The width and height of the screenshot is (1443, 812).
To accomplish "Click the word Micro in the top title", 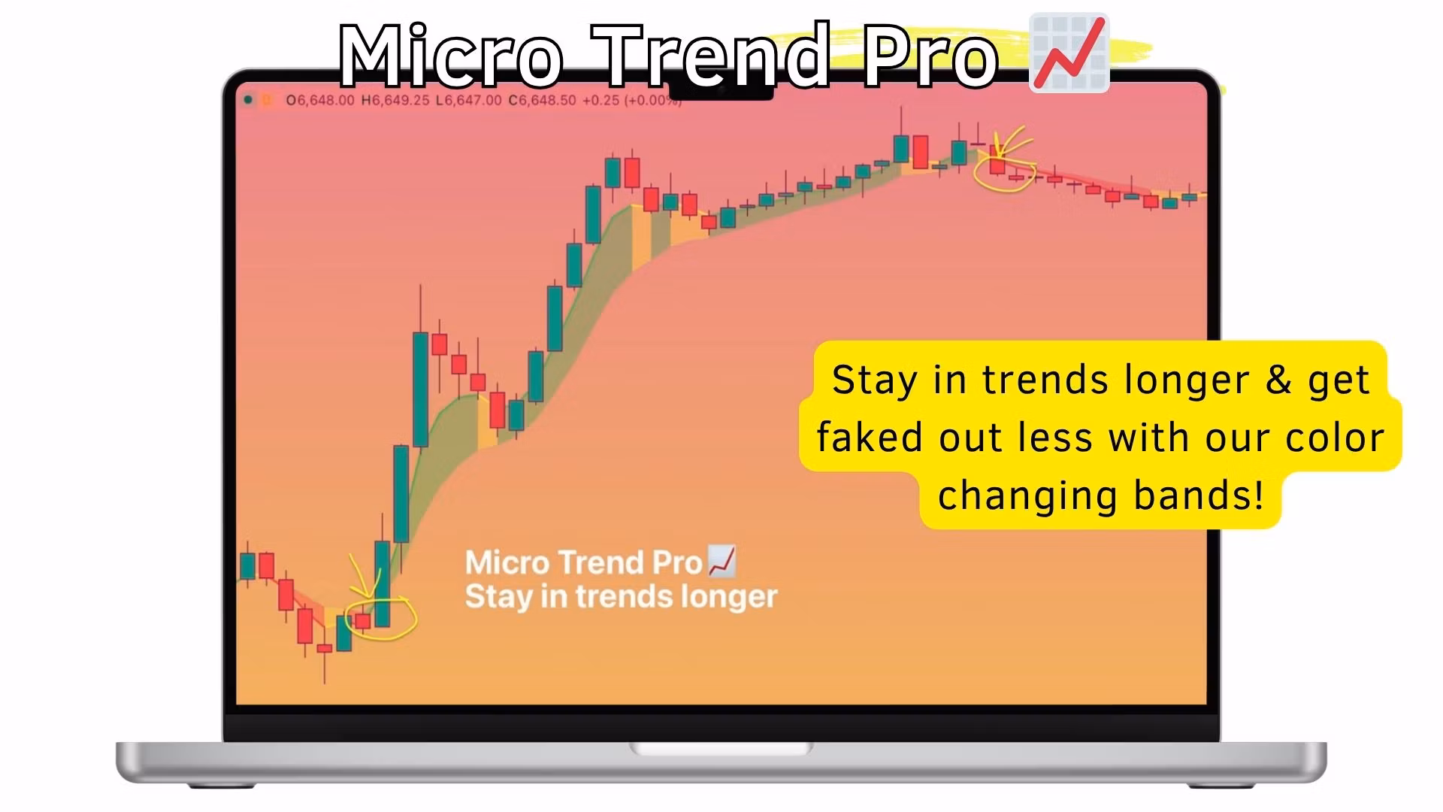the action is click(451, 54).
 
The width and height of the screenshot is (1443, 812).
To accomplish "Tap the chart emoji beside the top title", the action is click(1069, 53).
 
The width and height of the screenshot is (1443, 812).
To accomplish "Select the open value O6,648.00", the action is click(320, 100).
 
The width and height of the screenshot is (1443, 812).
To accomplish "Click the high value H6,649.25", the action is click(395, 100).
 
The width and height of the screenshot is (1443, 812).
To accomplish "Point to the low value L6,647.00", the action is click(468, 100).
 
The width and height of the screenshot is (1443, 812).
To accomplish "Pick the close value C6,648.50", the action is click(543, 100).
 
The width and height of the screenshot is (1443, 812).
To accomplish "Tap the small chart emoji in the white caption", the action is click(722, 562).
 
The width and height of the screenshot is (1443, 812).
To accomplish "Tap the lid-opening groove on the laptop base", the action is click(721, 749).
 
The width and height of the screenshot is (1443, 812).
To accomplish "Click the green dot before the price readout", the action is click(248, 100).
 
